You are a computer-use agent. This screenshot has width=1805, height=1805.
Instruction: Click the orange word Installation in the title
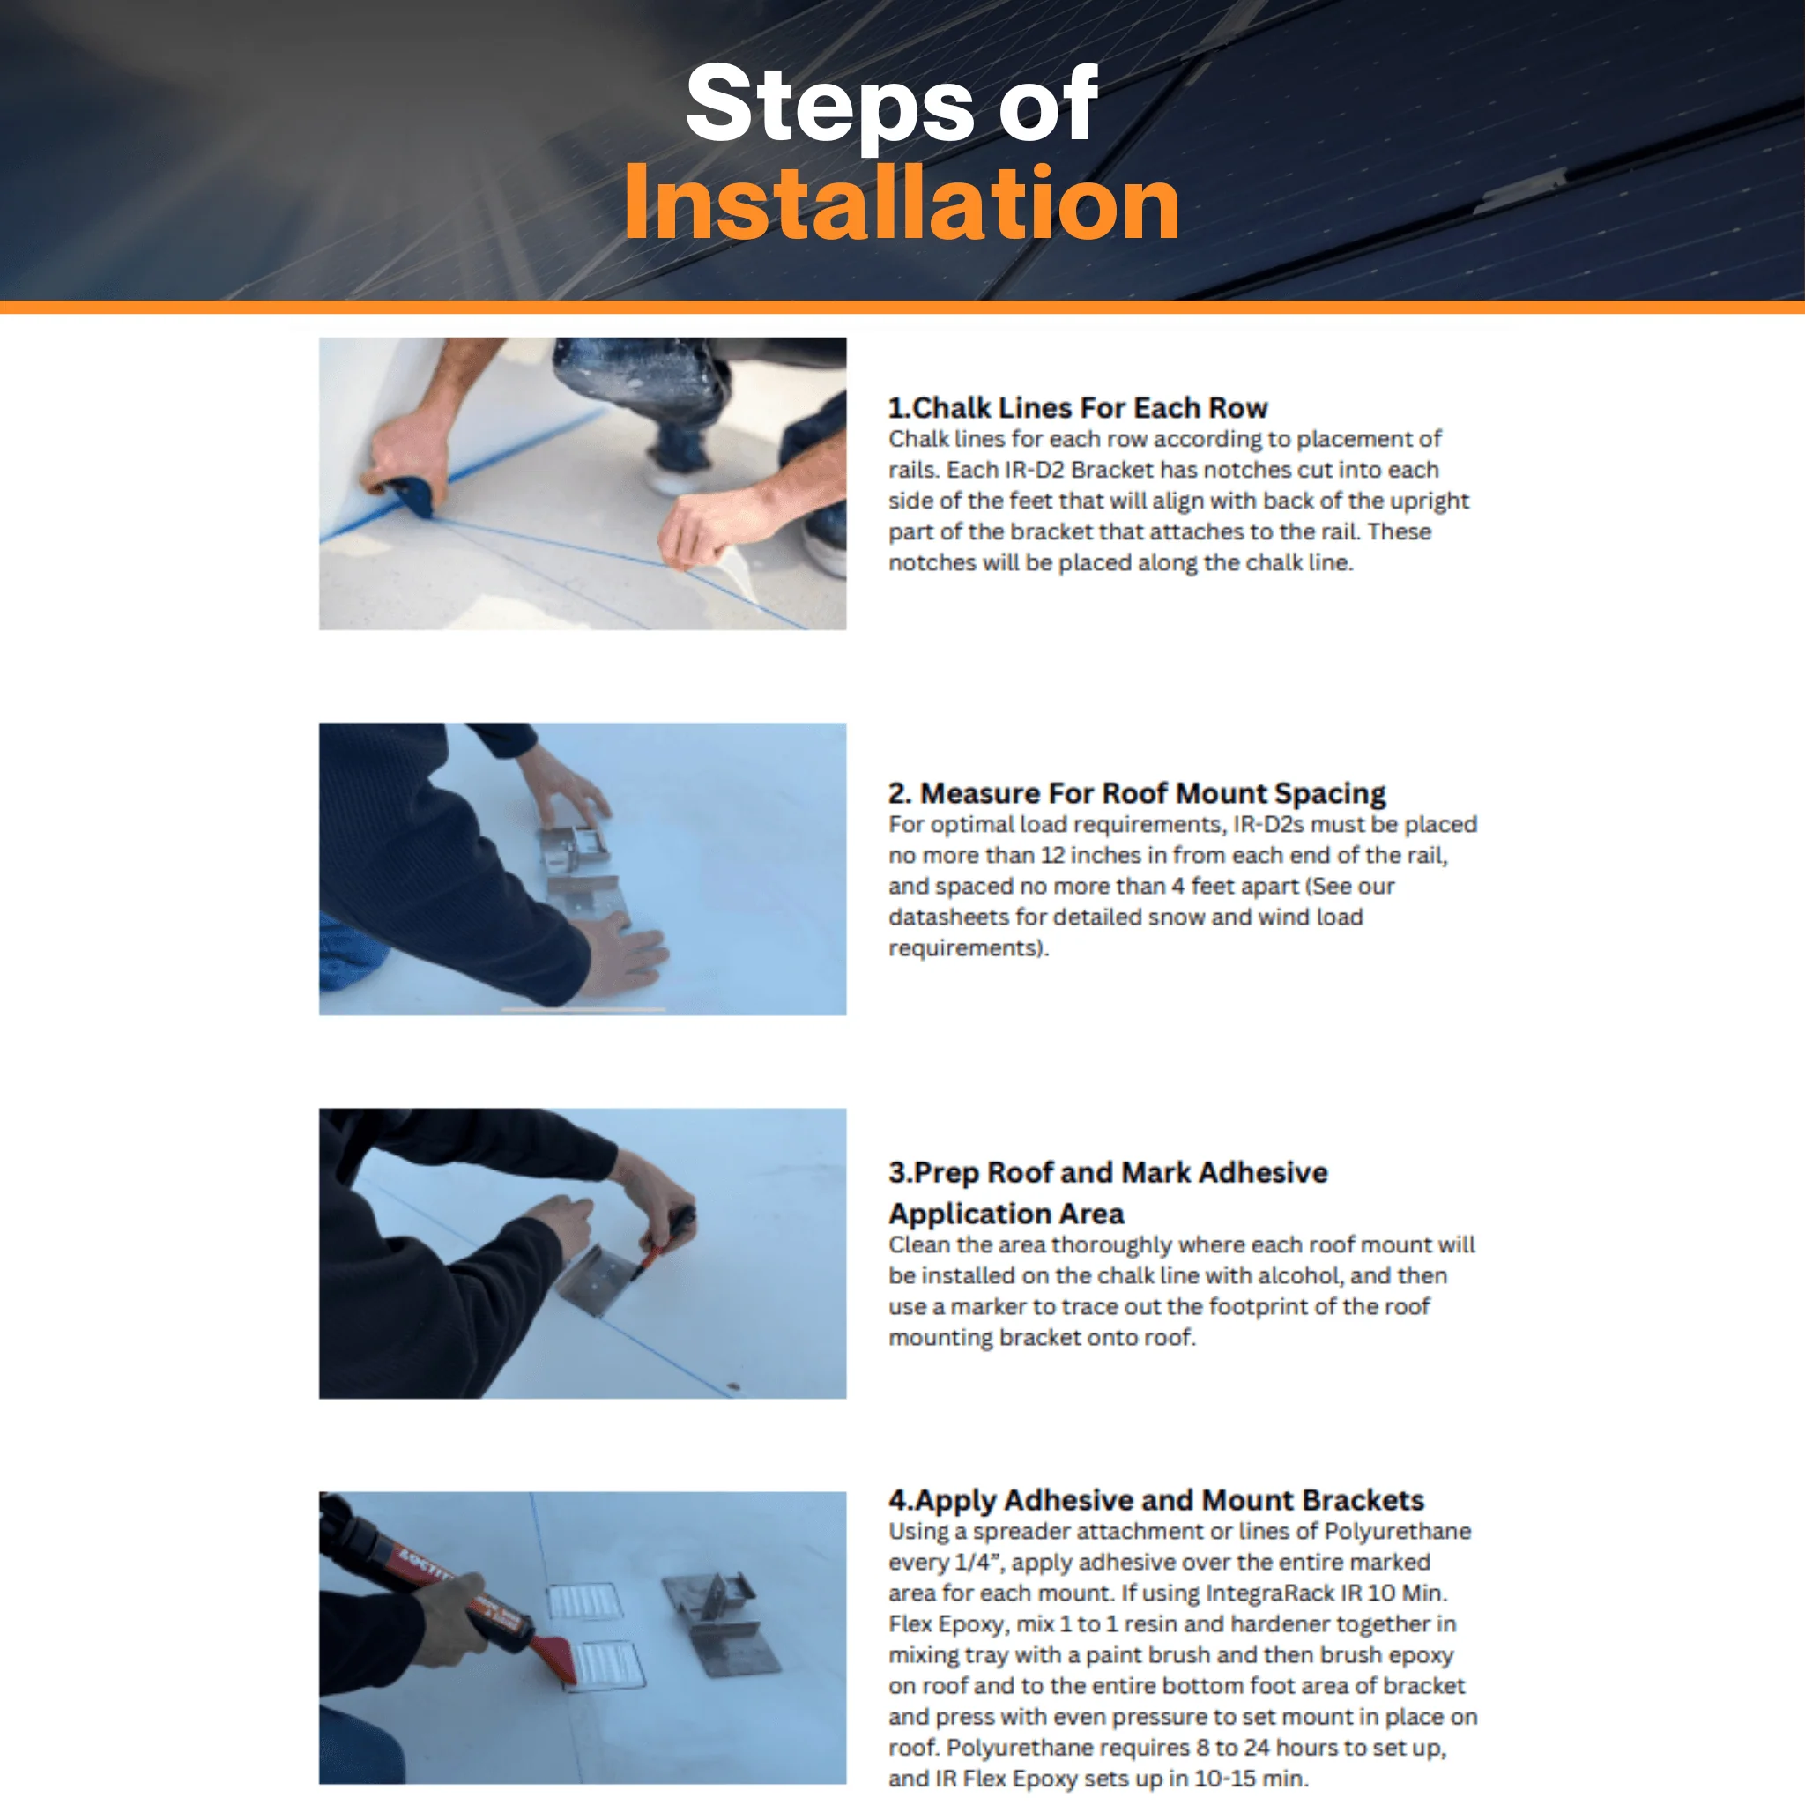902,203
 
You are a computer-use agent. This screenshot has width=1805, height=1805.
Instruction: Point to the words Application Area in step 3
1006,1214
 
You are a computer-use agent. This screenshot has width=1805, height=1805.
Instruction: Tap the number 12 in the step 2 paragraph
1052,856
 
